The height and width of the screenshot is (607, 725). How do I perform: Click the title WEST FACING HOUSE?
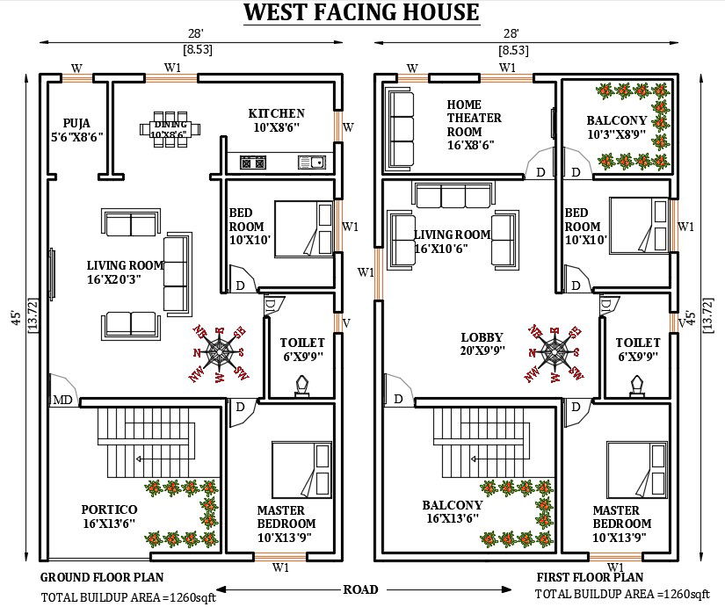361,13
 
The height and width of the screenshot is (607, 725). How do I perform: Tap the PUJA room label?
83,129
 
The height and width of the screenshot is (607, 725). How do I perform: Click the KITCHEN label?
276,119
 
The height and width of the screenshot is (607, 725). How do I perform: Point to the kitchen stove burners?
253,163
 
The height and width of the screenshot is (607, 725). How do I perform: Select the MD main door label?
62,401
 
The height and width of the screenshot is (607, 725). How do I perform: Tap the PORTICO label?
109,516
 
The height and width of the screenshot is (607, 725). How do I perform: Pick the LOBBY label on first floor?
482,343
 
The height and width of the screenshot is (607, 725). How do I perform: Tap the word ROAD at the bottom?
361,589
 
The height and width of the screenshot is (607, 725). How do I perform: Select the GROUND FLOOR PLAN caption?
102,578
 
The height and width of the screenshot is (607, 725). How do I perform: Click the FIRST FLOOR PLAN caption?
590,578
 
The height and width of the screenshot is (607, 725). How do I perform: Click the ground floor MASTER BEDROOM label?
281,524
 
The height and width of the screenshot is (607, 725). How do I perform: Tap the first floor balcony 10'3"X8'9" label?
617,127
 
